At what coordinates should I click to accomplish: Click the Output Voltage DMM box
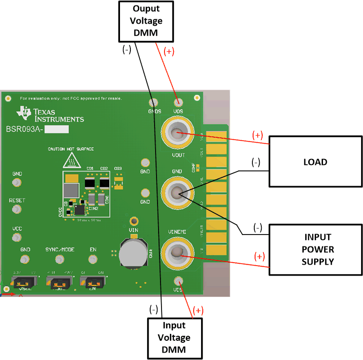[x=146, y=21]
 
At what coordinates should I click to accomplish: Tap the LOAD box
[x=315, y=162]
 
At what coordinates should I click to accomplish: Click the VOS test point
[x=178, y=102]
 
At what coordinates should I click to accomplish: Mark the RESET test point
[x=17, y=210]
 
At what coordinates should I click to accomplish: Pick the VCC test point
[x=17, y=238]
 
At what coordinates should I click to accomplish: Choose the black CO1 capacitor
[x=90, y=183]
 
